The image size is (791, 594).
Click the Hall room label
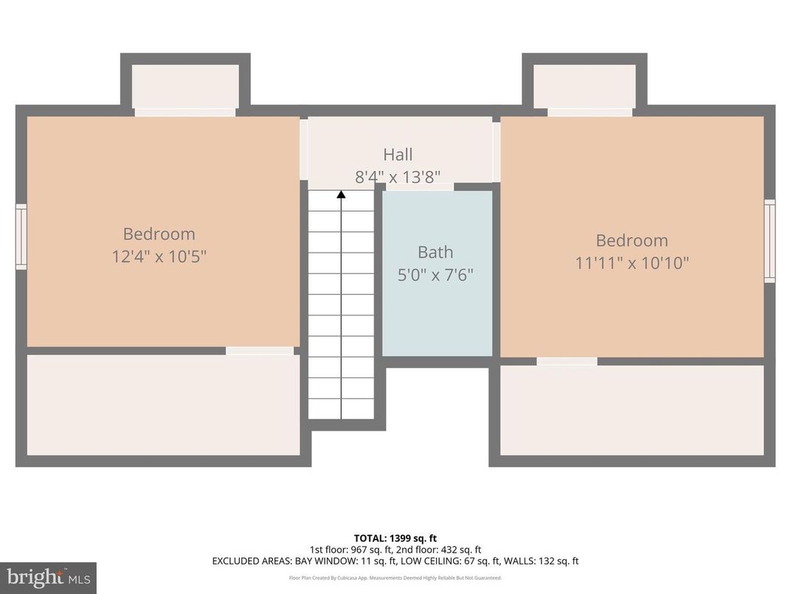pyautogui.click(x=398, y=154)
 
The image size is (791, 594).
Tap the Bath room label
pyautogui.click(x=435, y=252)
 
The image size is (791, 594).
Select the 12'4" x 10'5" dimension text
pyautogui.click(x=159, y=257)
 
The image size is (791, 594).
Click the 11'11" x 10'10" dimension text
pyautogui.click(x=632, y=263)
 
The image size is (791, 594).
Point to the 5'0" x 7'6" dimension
pyautogui.click(x=435, y=275)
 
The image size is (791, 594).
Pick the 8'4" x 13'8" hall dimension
pyautogui.click(x=398, y=177)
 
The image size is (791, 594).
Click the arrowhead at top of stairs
pyautogui.click(x=341, y=195)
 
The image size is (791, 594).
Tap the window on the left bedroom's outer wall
pyautogui.click(x=21, y=236)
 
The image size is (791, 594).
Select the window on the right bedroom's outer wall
pyautogui.click(x=770, y=241)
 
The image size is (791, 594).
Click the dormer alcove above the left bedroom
pyautogui.click(x=185, y=86)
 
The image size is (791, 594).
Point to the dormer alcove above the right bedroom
pyautogui.click(x=584, y=86)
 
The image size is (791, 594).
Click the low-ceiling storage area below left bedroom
pyautogui.click(x=163, y=405)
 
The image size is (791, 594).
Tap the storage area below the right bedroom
pyautogui.click(x=632, y=410)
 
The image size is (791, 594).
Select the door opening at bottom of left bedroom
pyautogui.click(x=259, y=351)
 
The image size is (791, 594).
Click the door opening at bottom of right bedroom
pyautogui.click(x=567, y=361)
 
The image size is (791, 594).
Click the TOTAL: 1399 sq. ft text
pyautogui.click(x=395, y=538)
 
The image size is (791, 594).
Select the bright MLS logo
pyautogui.click(x=48, y=577)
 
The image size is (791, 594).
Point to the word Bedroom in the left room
pyautogui.click(x=159, y=234)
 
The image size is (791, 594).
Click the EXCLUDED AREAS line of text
pyautogui.click(x=395, y=561)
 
